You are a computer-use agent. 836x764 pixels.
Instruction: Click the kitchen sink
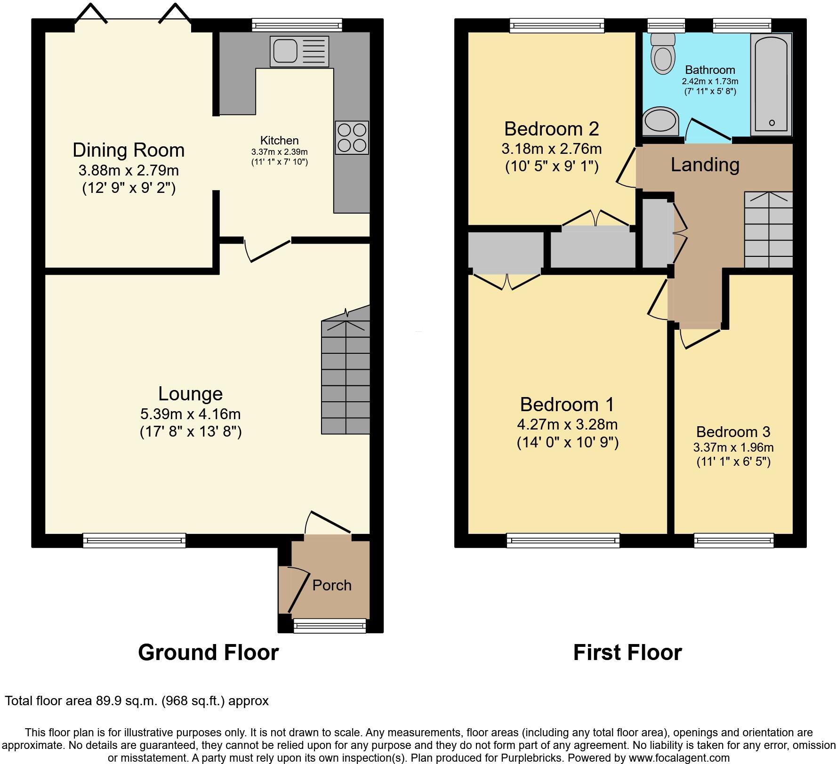click(x=299, y=51)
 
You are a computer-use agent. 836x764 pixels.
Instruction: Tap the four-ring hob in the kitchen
click(x=352, y=137)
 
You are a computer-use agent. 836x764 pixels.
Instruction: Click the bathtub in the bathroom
click(x=771, y=85)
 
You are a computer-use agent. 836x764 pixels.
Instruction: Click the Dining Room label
click(x=128, y=150)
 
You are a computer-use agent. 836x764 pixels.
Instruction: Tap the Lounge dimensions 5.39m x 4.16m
click(x=190, y=414)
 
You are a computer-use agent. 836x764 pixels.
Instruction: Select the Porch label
click(x=332, y=585)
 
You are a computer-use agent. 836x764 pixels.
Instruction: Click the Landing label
click(x=705, y=165)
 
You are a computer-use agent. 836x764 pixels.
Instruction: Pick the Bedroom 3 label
click(x=733, y=431)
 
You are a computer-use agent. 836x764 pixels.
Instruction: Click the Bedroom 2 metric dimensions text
click(x=551, y=149)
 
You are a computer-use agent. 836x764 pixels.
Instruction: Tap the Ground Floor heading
click(x=208, y=653)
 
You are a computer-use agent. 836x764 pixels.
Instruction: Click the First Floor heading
click(x=627, y=653)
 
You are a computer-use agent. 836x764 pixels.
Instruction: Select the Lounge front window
click(x=134, y=540)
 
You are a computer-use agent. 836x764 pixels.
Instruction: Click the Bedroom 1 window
click(x=563, y=540)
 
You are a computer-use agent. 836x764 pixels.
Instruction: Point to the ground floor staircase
click(x=346, y=376)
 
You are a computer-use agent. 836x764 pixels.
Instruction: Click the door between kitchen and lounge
click(x=268, y=249)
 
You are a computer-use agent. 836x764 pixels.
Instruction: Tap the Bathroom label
click(x=710, y=70)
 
